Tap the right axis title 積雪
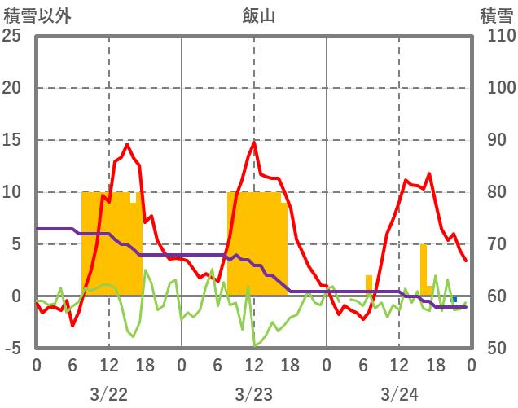(496, 15)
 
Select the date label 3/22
(108, 394)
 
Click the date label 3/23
(254, 394)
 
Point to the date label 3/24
(399, 394)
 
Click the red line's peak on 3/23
(254, 143)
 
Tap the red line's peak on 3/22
(128, 144)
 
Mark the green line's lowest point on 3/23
(254, 345)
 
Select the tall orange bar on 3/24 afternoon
(424, 270)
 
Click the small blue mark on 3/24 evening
(454, 299)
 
